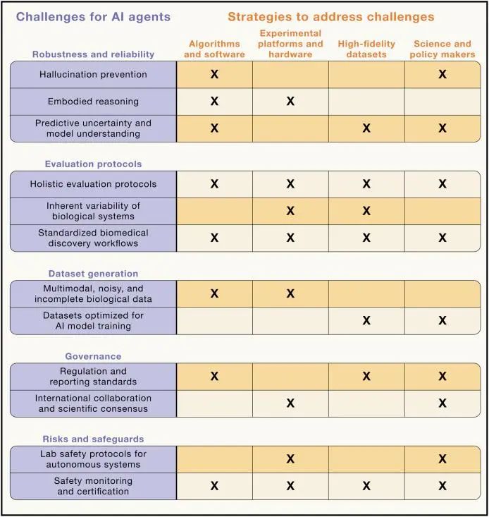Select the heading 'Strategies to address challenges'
point(330,16)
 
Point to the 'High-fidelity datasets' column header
point(366,49)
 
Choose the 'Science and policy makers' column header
point(442,49)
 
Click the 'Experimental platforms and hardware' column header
point(290,44)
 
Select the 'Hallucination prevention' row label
point(93,74)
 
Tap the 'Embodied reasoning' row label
point(93,102)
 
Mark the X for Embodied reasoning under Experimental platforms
point(290,102)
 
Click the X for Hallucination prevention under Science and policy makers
point(442,74)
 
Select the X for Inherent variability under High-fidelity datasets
point(366,211)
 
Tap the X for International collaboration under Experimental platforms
point(290,403)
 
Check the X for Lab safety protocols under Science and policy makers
point(442,459)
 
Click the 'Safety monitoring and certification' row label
point(93,486)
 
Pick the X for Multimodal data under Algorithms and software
point(215,293)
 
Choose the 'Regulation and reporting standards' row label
point(93,377)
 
